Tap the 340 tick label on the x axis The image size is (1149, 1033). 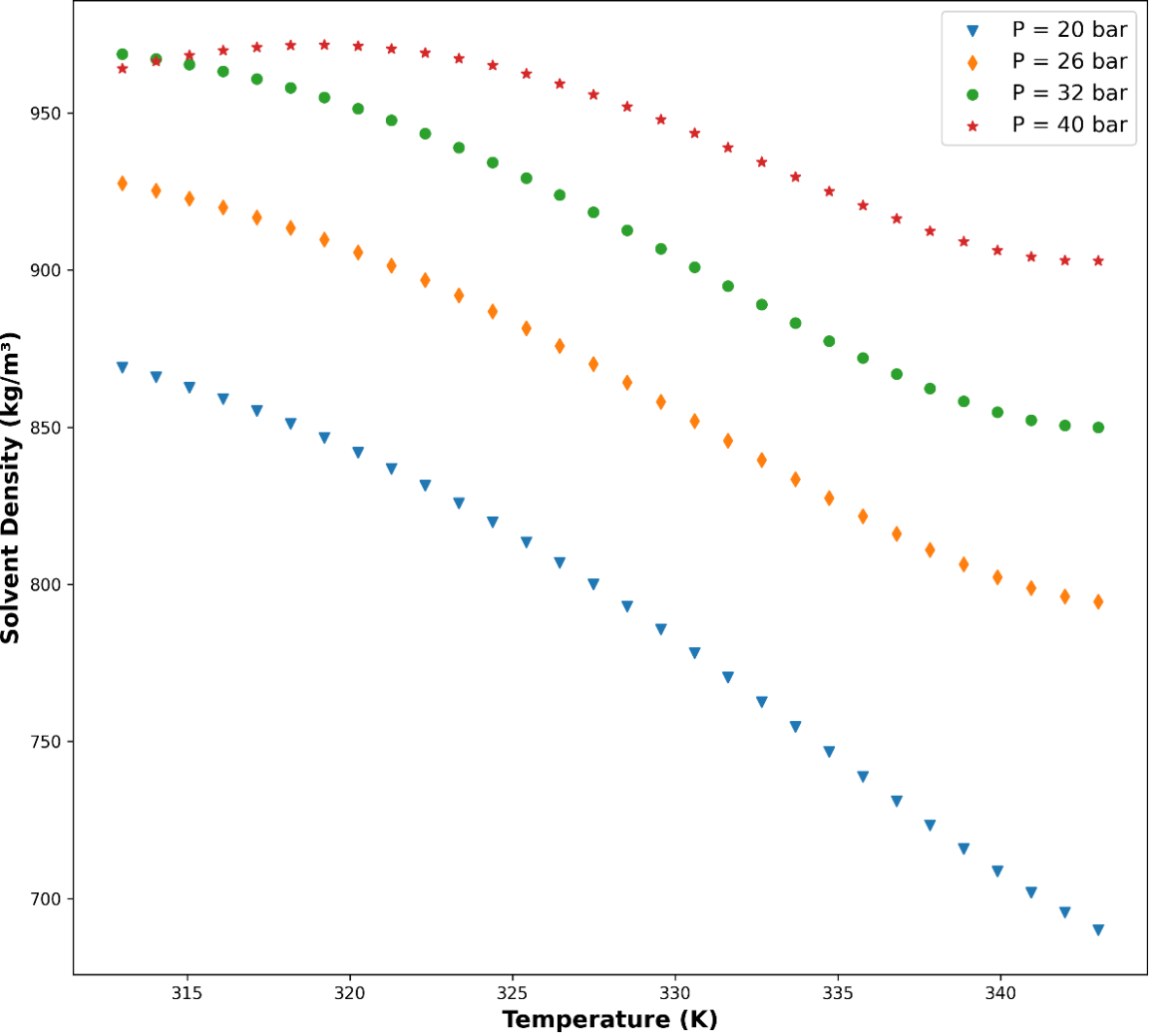[x=1000, y=993]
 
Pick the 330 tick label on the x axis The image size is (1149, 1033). [x=675, y=993]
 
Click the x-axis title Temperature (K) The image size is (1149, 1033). [x=609, y=1019]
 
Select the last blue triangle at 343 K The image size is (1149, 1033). [x=1098, y=930]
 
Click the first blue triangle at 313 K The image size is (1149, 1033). [x=122, y=367]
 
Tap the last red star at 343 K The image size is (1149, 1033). [x=1098, y=261]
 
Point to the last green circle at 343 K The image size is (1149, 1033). [x=1098, y=428]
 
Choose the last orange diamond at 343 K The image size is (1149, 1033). [x=1098, y=603]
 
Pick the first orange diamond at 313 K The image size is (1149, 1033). [x=122, y=184]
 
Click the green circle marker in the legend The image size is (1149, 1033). [x=972, y=94]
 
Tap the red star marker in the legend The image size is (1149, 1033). [x=972, y=125]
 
